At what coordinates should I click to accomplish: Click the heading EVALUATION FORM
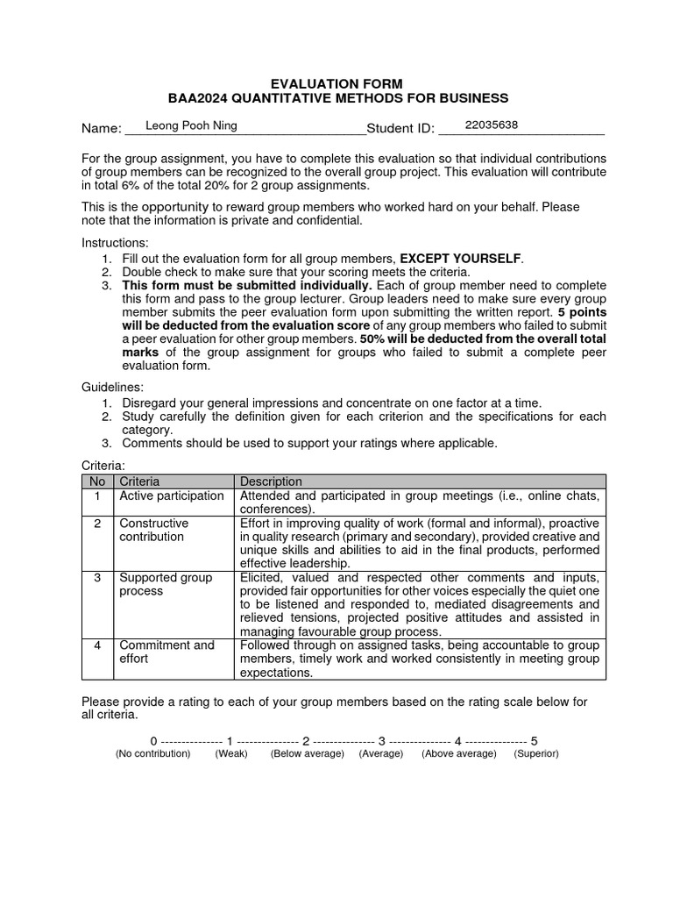click(x=337, y=83)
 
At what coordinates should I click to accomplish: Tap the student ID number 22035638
click(x=491, y=125)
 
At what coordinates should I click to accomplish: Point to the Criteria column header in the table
click(x=139, y=481)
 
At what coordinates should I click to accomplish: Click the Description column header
click(x=271, y=481)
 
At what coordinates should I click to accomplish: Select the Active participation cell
click(x=172, y=495)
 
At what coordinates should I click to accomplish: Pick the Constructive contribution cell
click(x=154, y=530)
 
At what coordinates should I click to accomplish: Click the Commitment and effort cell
click(x=166, y=652)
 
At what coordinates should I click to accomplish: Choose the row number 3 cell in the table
click(x=97, y=577)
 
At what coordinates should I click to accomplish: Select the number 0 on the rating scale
click(x=153, y=740)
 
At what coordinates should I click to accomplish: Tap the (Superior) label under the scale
click(x=536, y=754)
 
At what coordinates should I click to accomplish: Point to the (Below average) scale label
click(x=307, y=754)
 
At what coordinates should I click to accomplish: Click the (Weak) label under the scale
click(x=231, y=754)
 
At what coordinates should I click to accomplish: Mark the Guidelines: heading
click(x=113, y=387)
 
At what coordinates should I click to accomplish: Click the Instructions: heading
click(x=116, y=242)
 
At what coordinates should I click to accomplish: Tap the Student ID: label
click(x=400, y=129)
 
